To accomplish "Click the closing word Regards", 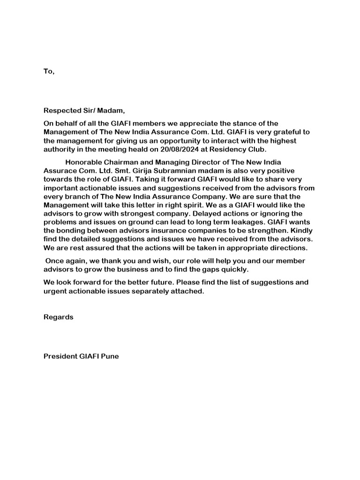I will coord(59,317).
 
